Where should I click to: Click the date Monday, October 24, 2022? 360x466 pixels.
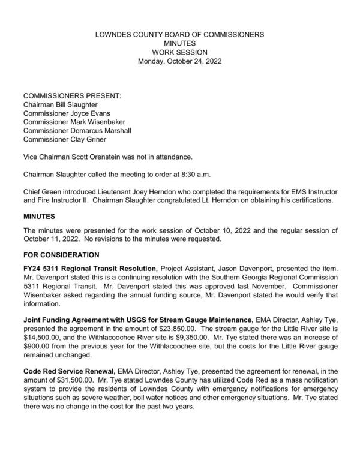[x=180, y=61]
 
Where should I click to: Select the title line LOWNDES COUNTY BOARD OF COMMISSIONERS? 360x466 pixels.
[x=180, y=35]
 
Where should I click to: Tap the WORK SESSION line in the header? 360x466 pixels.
[x=180, y=52]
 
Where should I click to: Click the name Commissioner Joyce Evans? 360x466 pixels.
[x=67, y=113]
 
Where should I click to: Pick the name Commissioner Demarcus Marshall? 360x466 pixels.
[x=77, y=130]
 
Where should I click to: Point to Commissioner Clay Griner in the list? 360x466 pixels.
[x=65, y=139]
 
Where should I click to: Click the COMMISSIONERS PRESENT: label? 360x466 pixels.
[x=72, y=96]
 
